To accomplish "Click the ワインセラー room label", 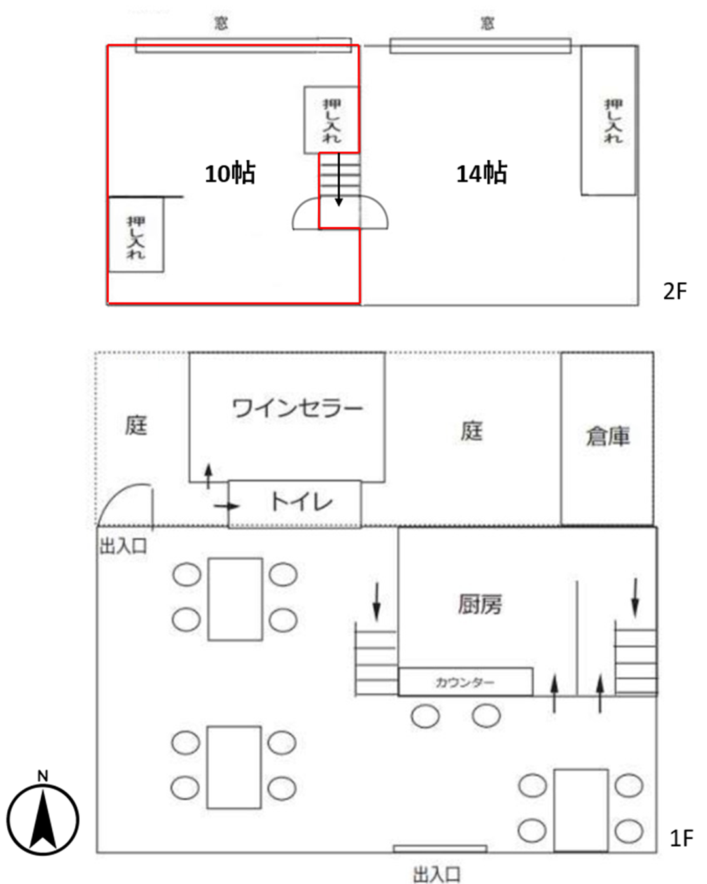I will [x=297, y=409].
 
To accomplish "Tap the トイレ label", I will [x=301, y=502].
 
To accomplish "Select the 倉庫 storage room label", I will [x=607, y=435].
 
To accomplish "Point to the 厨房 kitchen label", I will [x=480, y=604].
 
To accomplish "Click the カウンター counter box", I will [x=465, y=682].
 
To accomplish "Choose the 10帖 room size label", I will [x=230, y=174].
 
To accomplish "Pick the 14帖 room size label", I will [x=481, y=174].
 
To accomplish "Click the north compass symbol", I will [x=43, y=819].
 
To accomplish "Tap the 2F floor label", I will [x=675, y=291].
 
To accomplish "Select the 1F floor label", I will [x=681, y=838].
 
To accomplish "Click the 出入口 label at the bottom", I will [x=437, y=874].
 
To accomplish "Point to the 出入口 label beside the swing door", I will [x=123, y=546].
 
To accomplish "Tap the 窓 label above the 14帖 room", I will [x=487, y=24].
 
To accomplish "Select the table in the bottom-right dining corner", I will [x=581, y=810].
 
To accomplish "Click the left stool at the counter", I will [x=426, y=716].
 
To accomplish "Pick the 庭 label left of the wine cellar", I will [x=136, y=426].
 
